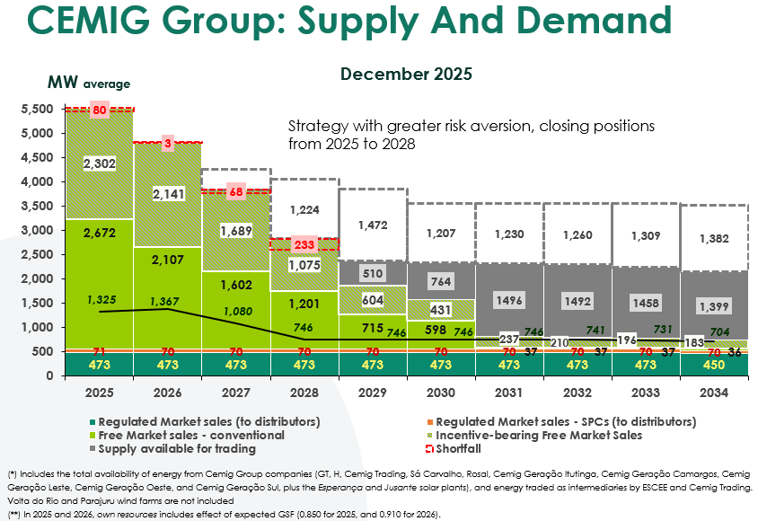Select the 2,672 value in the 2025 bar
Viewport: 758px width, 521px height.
pyautogui.click(x=99, y=233)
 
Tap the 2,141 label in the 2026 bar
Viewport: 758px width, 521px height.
pyautogui.click(x=168, y=194)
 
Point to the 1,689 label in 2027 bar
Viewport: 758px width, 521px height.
pyautogui.click(x=236, y=231)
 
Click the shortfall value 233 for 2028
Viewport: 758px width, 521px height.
pyautogui.click(x=304, y=244)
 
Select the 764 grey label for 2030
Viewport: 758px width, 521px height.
pyautogui.click(x=442, y=281)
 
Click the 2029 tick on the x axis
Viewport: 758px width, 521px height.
pyautogui.click(x=373, y=393)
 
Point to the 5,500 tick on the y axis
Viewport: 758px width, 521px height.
pyautogui.click(x=36, y=110)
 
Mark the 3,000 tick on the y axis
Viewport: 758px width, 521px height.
pyautogui.click(x=36, y=231)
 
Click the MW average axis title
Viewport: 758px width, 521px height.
pyautogui.click(x=89, y=84)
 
